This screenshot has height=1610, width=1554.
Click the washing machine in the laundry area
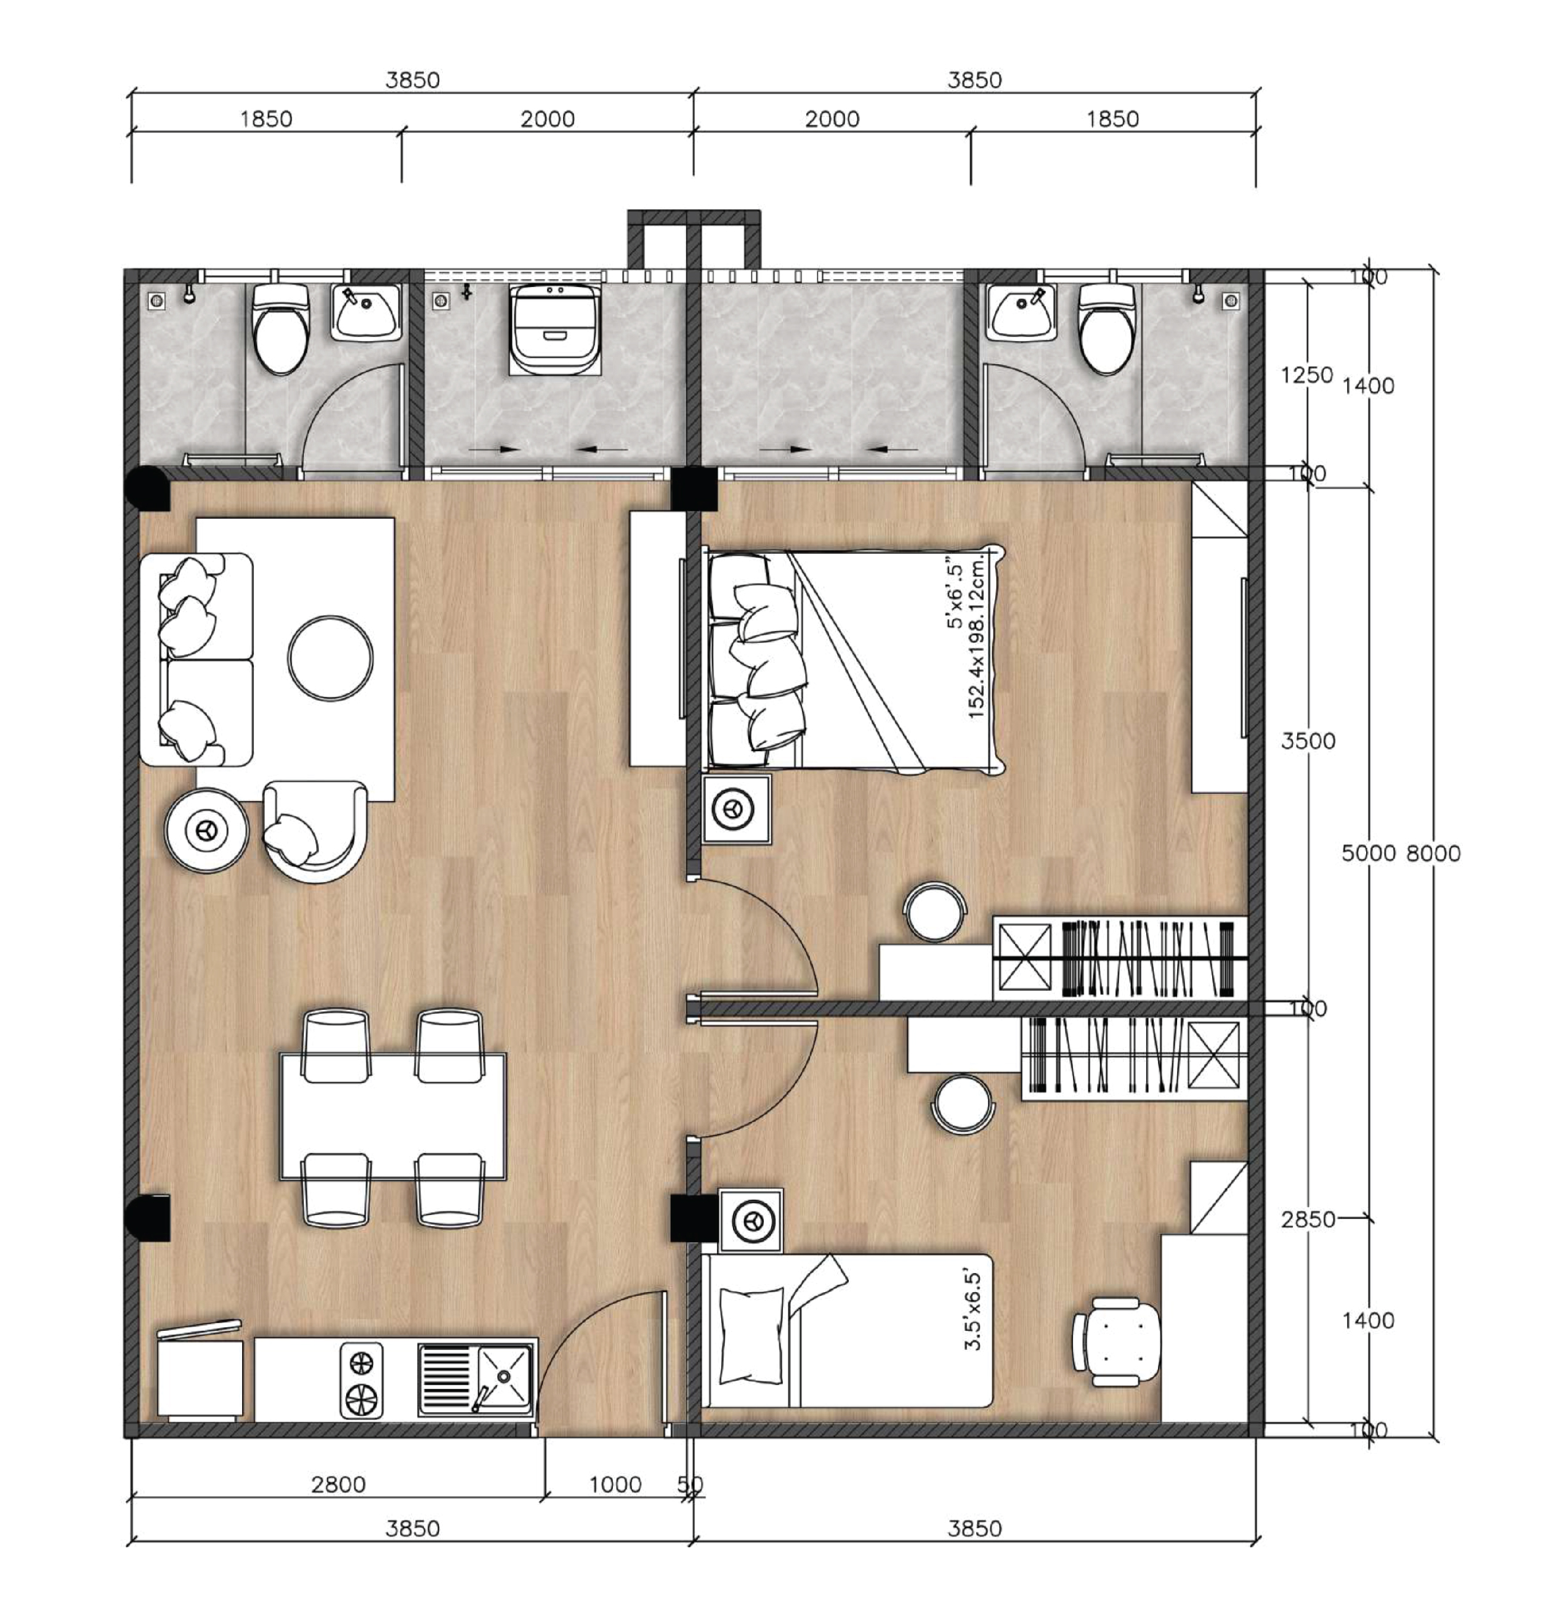click(x=554, y=328)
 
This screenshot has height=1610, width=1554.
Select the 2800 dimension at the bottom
click(x=338, y=1484)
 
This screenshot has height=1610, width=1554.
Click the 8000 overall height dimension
click(x=1433, y=853)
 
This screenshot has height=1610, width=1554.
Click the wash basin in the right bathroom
click(x=1022, y=313)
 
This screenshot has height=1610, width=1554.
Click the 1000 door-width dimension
click(x=614, y=1484)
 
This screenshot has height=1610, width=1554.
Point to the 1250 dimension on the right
click(x=1306, y=375)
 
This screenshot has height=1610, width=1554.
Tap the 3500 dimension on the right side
click(x=1308, y=741)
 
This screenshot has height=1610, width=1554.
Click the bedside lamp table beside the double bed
click(x=737, y=810)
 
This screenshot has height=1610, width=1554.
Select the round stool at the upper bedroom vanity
click(x=935, y=911)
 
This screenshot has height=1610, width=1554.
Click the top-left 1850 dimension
click(x=265, y=119)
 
